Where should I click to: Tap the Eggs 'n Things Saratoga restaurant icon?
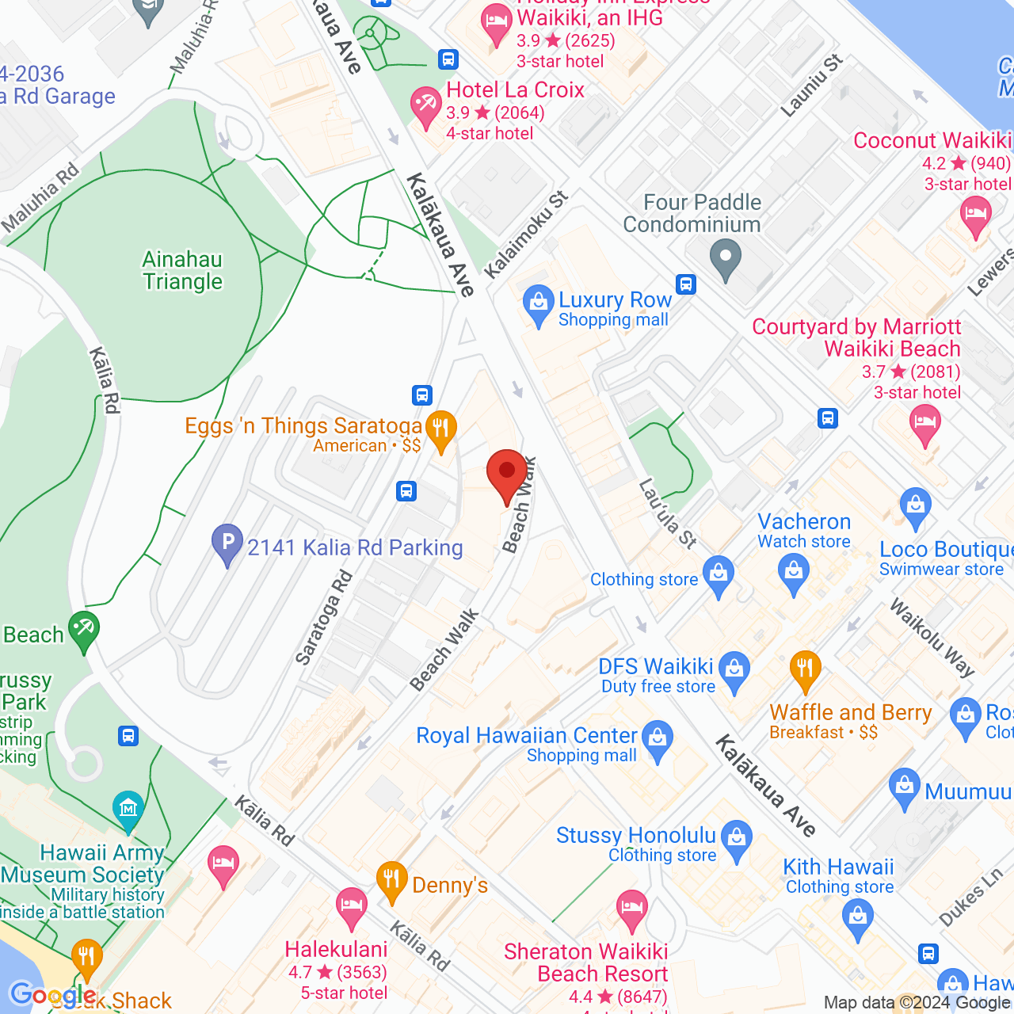pos(440,429)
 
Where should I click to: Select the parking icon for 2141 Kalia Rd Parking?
pos(227,543)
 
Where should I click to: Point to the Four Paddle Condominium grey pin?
pos(725,259)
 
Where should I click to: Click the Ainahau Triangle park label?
pos(182,270)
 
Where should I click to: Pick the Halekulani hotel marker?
pos(351,908)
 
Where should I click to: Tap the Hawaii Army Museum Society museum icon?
pos(128,807)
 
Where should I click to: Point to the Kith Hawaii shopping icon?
pos(858,917)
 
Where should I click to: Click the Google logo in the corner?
pos(52,995)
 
